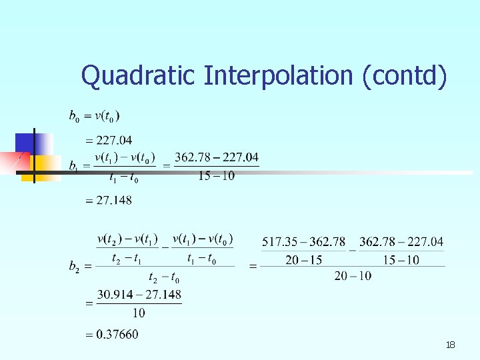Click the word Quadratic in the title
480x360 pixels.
pyautogui.click(x=139, y=75)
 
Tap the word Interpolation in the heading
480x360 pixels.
pyautogui.click(x=279, y=75)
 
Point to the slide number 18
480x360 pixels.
pyautogui.click(x=450, y=345)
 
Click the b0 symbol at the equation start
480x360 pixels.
pyautogui.click(x=74, y=117)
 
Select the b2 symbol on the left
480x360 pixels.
pyautogui.click(x=74, y=267)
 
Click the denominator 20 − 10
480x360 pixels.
pyautogui.click(x=353, y=275)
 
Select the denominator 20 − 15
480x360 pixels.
pyautogui.click(x=303, y=259)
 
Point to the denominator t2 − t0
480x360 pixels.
pyautogui.click(x=163, y=277)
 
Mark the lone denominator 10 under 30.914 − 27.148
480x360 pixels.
pyautogui.click(x=139, y=313)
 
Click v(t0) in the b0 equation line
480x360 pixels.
pyautogui.click(x=107, y=117)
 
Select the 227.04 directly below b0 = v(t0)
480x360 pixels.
pyautogui.click(x=114, y=140)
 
